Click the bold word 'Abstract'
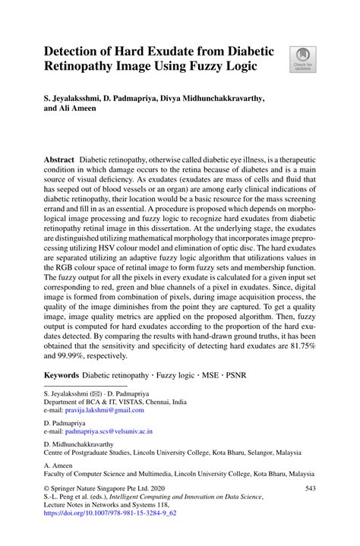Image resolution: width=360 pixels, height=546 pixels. (59, 162)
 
